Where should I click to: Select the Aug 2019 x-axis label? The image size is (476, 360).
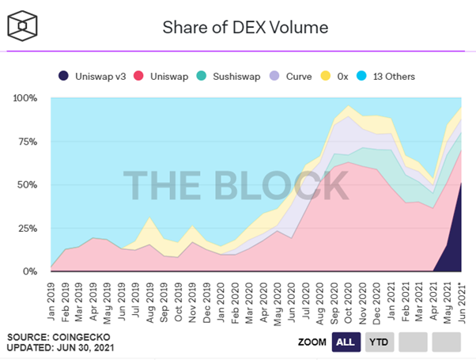(x=150, y=296)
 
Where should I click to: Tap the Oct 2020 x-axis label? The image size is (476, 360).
(x=349, y=296)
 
